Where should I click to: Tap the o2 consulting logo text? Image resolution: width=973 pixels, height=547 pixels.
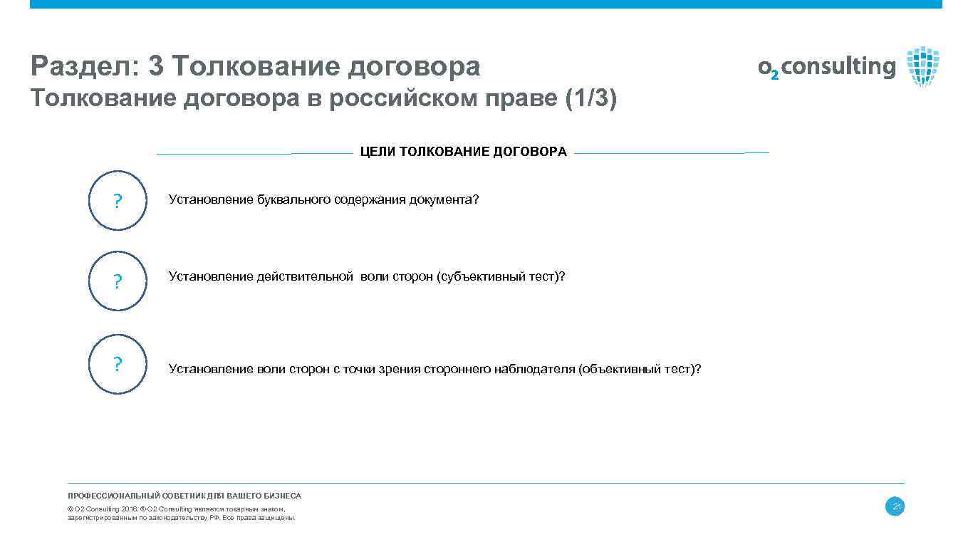(827, 67)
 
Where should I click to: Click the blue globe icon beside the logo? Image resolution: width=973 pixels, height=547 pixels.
(923, 66)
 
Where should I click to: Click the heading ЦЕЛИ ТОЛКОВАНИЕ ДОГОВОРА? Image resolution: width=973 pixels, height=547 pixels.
(463, 152)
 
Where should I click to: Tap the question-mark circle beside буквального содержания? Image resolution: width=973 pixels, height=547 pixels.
(118, 200)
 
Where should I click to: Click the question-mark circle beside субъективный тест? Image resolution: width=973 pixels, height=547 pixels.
(118, 281)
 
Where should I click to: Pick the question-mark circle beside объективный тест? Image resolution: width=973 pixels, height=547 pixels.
(118, 364)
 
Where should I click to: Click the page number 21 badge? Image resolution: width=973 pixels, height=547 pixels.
(895, 507)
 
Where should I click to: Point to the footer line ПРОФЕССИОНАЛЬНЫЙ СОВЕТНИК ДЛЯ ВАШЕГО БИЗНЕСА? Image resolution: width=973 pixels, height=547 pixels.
(184, 496)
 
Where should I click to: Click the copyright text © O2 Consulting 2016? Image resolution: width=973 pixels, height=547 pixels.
(103, 509)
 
